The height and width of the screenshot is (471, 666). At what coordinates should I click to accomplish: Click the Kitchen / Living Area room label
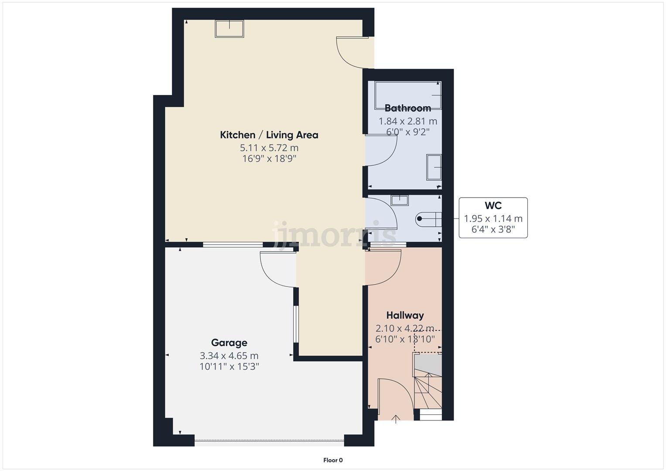point(269,135)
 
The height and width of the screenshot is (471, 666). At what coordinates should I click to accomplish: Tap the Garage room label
point(229,343)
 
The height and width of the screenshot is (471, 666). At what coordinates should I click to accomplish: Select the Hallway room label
point(405,315)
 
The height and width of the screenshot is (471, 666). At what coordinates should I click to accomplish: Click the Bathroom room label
point(407,108)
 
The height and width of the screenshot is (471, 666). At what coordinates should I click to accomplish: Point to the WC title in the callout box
point(493,206)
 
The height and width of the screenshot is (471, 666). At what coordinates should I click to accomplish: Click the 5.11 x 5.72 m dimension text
point(269,148)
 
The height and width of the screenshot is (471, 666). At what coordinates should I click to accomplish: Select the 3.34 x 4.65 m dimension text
point(229,356)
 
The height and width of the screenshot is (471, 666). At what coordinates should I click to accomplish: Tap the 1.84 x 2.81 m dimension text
point(407,121)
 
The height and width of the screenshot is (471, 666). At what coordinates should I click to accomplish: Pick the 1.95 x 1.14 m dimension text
point(493,218)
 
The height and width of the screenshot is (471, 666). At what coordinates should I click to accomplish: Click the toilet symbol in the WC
point(428,218)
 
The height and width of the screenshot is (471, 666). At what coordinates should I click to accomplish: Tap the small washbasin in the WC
point(400,200)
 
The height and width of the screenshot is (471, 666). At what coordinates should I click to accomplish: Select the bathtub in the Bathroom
point(408,95)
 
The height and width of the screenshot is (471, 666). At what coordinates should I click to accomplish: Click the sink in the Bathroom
point(434,167)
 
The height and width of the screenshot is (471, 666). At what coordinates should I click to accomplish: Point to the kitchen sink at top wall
point(229,29)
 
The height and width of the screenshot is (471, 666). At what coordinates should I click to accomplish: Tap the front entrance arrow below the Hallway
point(396,419)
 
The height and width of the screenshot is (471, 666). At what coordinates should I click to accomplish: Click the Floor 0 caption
point(333,460)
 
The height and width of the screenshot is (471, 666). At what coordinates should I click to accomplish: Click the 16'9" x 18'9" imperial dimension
point(269,159)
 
